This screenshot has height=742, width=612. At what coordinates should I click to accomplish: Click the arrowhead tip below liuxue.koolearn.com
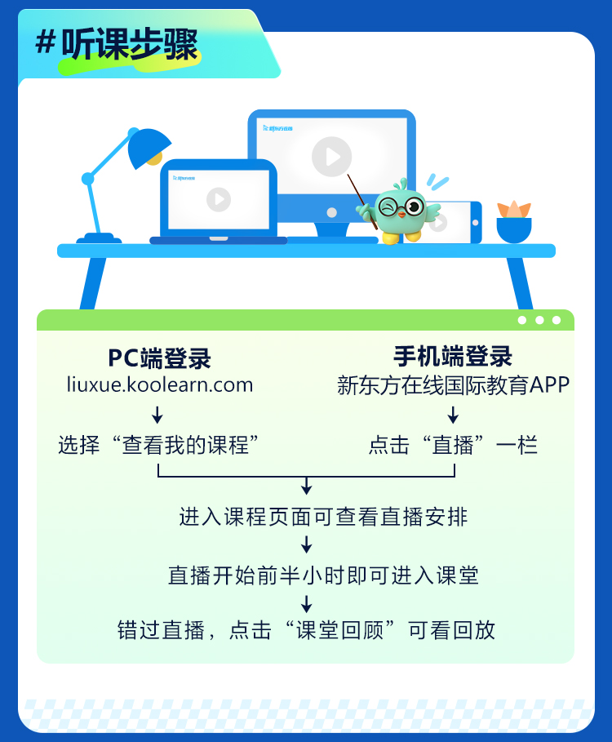(x=157, y=423)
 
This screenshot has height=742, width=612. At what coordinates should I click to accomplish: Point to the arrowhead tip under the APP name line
(x=453, y=423)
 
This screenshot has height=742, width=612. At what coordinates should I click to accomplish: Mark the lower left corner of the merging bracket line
(x=158, y=477)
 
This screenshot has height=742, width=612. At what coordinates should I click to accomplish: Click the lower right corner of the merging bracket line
(x=455, y=477)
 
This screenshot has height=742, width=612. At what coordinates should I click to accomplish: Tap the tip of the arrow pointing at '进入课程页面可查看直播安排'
(x=307, y=495)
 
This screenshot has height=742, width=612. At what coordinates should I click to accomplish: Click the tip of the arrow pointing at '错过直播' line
(x=307, y=613)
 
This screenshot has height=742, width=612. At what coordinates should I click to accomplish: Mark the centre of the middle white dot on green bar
(x=539, y=320)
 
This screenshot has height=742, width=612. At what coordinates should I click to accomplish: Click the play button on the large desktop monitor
(x=332, y=157)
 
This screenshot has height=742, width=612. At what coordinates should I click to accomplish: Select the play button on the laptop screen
(x=219, y=199)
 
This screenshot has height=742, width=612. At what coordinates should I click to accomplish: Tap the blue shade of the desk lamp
(x=149, y=147)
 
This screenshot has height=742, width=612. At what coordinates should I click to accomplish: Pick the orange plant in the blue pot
(x=513, y=210)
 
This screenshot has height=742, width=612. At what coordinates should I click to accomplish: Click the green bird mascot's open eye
(x=415, y=206)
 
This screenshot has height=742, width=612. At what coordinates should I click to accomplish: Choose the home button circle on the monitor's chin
(x=332, y=212)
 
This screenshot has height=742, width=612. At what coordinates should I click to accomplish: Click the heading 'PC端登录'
(x=159, y=358)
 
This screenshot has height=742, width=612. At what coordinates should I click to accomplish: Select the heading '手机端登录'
(x=453, y=357)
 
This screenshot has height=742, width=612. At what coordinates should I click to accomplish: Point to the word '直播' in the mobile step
(x=453, y=446)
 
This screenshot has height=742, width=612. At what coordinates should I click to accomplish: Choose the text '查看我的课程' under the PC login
(x=185, y=446)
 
